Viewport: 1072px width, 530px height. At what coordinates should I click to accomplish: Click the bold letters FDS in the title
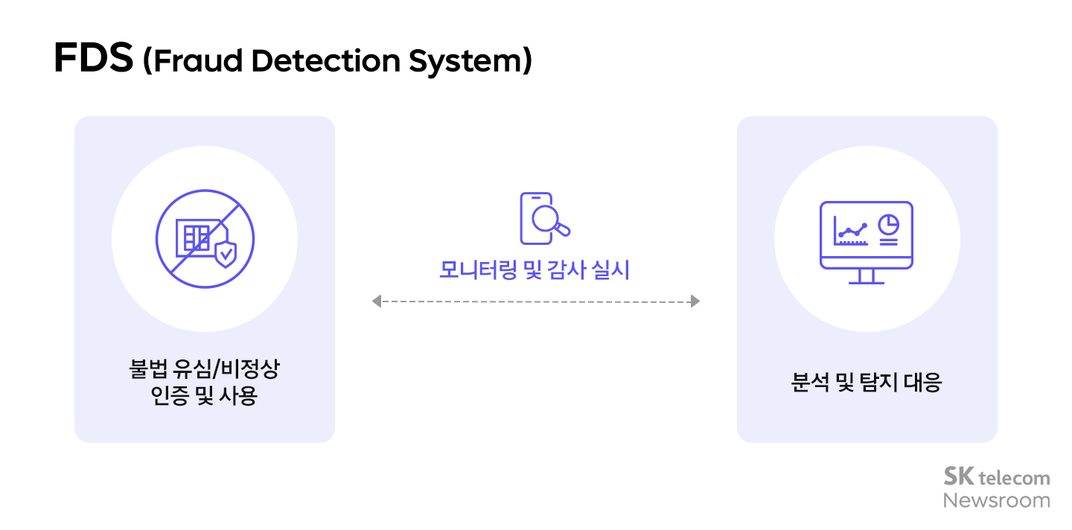(x=94, y=60)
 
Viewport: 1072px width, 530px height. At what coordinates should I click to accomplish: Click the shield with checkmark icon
(x=226, y=253)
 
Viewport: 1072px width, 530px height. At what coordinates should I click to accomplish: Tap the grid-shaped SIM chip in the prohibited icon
(x=197, y=237)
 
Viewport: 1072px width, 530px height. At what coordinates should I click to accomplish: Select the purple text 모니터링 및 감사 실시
(x=535, y=270)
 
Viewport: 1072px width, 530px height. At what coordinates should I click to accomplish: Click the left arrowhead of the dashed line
(x=377, y=301)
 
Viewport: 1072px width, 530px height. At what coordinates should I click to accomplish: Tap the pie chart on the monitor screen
(x=888, y=224)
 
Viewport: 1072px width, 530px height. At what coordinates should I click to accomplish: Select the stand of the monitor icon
(x=867, y=276)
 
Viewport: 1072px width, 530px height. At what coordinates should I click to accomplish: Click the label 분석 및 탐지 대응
(x=867, y=383)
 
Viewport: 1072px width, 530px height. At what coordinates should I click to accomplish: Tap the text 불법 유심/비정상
(x=204, y=370)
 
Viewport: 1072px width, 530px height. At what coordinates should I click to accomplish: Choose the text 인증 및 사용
(x=204, y=396)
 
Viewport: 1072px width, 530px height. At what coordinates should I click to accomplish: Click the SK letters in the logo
(x=959, y=476)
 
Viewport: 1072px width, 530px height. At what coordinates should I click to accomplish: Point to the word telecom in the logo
(x=1015, y=478)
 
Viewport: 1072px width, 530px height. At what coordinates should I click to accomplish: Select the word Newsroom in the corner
(x=997, y=500)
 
